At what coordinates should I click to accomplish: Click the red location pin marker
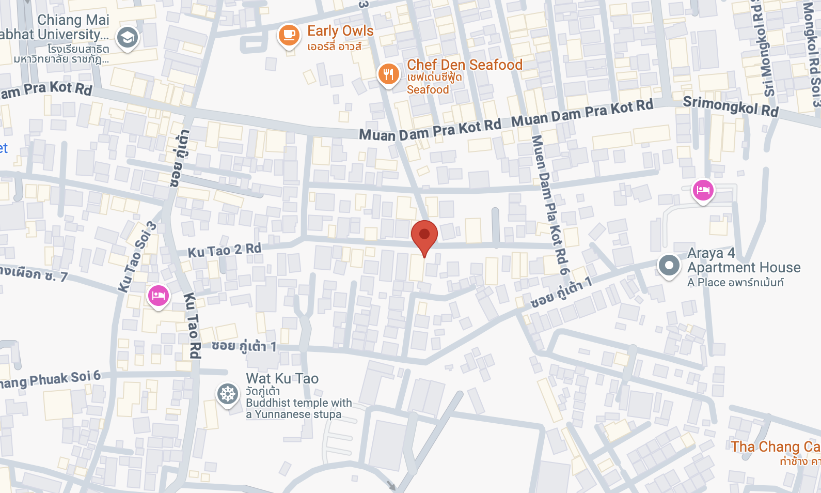tap(424, 235)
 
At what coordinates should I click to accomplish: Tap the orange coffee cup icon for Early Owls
tap(289, 35)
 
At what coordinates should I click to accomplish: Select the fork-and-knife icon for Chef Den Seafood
tap(388, 74)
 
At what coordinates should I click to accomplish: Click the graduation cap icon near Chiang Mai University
tap(127, 38)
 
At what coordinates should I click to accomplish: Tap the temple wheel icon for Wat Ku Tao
tap(227, 394)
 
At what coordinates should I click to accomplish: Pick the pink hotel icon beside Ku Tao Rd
tap(159, 296)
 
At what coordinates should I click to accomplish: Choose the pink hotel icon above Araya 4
tap(703, 190)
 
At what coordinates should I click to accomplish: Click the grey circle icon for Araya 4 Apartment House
tap(669, 266)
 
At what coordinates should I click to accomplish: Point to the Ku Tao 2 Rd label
tap(224, 251)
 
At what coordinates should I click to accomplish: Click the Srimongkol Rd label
tap(730, 106)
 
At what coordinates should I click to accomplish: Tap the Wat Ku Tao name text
tap(282, 378)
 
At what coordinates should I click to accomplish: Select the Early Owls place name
tap(340, 31)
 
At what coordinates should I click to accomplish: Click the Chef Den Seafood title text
tap(464, 65)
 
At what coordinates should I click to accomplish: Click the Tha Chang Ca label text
tap(775, 446)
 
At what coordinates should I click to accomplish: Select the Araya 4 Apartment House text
tap(744, 260)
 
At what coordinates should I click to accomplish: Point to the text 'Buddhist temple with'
tap(298, 403)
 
